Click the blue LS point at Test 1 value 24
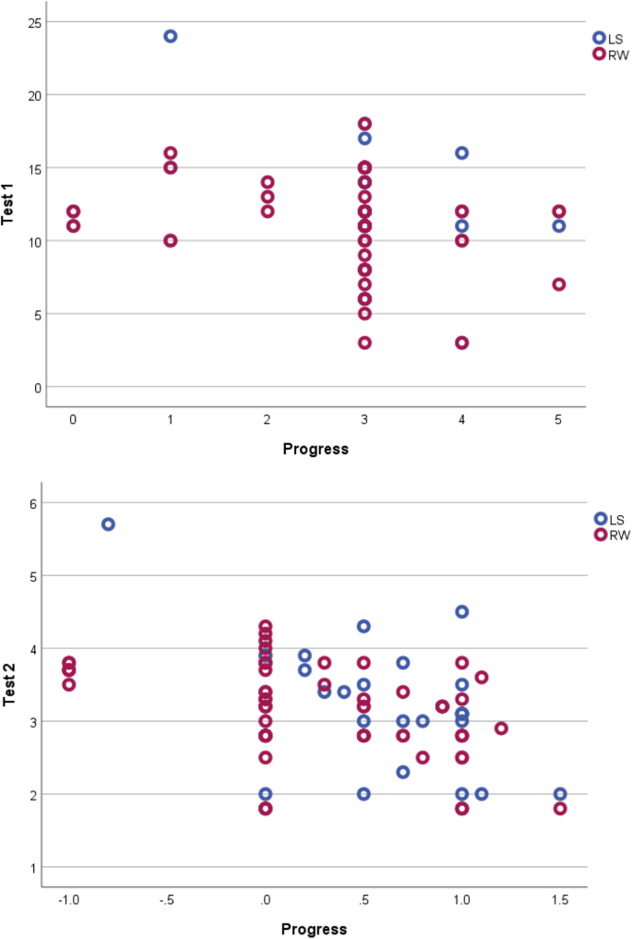[171, 36]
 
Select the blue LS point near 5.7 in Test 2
[108, 524]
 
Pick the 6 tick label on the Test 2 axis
[30, 503]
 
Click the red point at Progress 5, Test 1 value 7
[559, 284]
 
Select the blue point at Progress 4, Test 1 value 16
[461, 153]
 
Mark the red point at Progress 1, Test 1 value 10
[171, 241]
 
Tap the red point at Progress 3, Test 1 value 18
[364, 124]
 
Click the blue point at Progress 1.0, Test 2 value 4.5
[462, 612]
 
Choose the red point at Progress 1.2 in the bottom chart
[501, 728]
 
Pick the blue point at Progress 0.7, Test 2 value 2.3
[403, 772]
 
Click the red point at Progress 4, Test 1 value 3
[461, 343]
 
